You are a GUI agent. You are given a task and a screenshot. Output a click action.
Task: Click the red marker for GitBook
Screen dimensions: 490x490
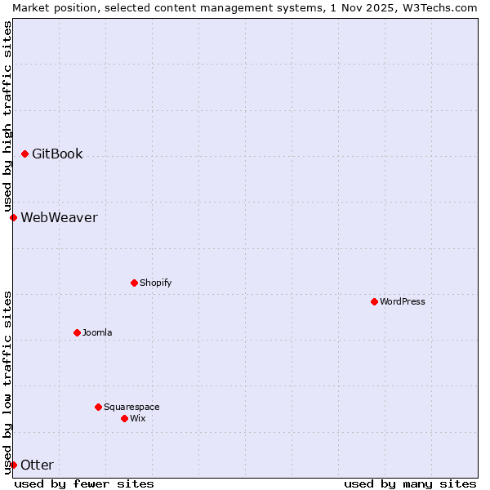tap(25, 154)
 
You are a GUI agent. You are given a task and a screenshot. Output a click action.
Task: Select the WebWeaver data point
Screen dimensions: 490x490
tap(14, 217)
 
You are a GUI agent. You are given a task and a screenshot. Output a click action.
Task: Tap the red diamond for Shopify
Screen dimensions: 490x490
tap(134, 283)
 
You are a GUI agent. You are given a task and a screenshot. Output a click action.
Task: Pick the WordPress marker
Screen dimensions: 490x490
tap(374, 301)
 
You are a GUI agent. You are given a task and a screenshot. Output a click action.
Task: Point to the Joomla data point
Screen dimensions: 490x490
tap(77, 332)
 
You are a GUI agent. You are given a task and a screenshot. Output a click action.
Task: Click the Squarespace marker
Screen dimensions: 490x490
tap(98, 407)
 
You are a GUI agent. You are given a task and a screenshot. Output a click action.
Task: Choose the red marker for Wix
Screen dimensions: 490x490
tap(124, 418)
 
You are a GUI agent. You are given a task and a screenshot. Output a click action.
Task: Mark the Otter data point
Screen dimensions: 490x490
tap(14, 465)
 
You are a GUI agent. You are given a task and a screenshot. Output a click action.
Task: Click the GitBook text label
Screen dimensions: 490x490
tap(57, 154)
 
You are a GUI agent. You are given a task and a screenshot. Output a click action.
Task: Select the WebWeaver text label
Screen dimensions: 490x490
tap(59, 217)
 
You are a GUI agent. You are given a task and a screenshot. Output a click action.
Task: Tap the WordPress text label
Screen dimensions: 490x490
tap(403, 301)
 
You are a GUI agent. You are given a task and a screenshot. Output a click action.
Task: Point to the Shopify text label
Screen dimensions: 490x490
tap(155, 283)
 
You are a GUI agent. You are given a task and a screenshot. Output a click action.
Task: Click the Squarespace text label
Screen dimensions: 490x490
tap(131, 407)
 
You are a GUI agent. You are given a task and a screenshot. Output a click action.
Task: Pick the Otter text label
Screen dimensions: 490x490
tap(37, 465)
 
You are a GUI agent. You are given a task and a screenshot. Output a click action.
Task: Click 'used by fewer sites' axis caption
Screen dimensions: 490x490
tap(84, 483)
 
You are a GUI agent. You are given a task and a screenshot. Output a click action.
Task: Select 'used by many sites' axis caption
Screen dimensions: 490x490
tap(410, 483)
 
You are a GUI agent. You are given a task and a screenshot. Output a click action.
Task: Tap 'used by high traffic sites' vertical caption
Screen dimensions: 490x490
tap(7, 116)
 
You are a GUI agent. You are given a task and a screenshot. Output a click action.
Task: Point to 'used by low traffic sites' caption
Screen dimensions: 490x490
tap(7, 382)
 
